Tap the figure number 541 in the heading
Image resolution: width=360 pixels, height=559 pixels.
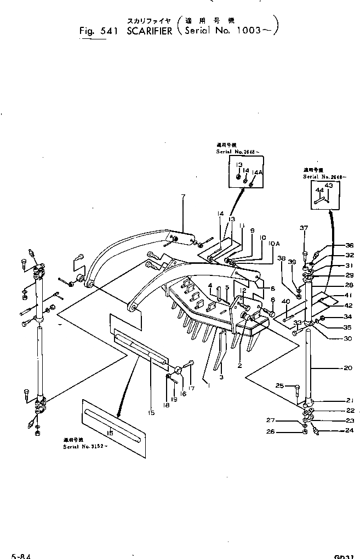pos(112,31)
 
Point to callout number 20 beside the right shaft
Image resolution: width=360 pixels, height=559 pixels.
pos(348,368)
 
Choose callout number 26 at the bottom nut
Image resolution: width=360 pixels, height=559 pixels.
pos(285,431)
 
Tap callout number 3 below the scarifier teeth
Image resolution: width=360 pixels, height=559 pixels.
pos(221,377)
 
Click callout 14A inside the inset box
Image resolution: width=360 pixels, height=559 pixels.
pos(255,171)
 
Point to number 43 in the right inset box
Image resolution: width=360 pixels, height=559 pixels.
pos(329,186)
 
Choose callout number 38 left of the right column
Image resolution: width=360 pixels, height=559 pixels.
pos(281,257)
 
